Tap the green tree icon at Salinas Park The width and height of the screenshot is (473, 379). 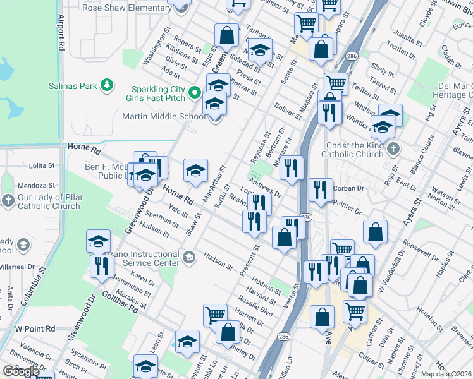coord(107,84)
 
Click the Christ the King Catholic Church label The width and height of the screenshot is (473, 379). coord(352,150)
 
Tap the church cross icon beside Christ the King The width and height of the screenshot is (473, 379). coord(393,150)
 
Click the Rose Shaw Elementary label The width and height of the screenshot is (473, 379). coord(126,8)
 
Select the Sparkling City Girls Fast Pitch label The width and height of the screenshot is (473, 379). coord(159,93)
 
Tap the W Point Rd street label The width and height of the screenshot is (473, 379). coord(35,329)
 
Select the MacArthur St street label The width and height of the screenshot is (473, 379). coord(214,184)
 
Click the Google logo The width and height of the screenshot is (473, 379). coord(21,371)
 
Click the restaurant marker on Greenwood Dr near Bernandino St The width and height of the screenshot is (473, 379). coord(102,266)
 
